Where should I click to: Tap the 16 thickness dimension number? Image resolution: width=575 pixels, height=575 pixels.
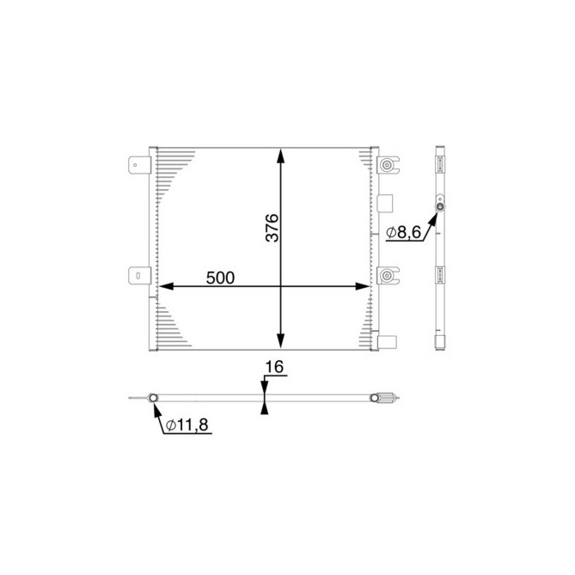click(274, 367)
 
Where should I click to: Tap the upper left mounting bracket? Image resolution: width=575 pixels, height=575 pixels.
click(138, 165)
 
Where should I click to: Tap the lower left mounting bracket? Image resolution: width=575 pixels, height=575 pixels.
click(138, 275)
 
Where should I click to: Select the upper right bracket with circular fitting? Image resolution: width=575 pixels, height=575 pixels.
click(388, 166)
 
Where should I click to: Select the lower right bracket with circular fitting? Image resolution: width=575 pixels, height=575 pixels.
click(388, 275)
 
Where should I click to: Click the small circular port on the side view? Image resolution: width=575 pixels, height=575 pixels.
click(441, 206)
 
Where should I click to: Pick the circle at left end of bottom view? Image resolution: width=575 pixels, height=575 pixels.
click(153, 398)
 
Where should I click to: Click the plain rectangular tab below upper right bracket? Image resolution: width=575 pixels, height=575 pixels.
click(385, 203)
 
